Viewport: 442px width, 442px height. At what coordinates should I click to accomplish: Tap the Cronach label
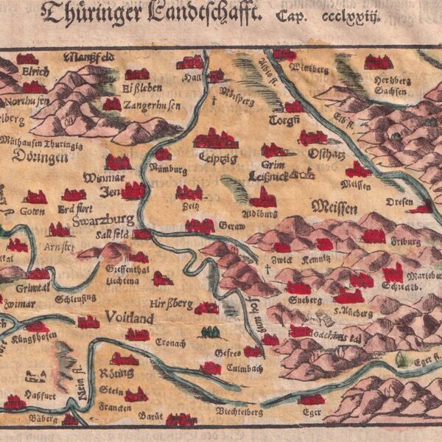pyautogui.click(x=171, y=343)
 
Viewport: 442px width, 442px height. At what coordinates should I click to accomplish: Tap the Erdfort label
pyautogui.click(x=72, y=208)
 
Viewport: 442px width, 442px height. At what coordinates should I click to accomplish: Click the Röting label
pyautogui.click(x=122, y=373)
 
